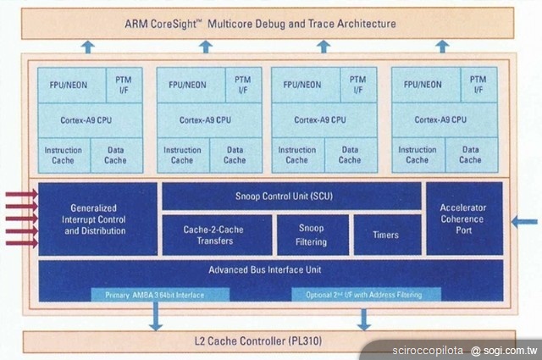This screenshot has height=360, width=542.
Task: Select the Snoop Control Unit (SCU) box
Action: (290, 196)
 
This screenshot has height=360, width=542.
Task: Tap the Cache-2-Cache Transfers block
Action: (217, 235)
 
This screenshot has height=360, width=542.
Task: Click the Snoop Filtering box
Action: (312, 235)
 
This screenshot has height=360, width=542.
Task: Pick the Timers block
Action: (385, 235)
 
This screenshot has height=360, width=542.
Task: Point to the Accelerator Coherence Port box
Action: (462, 218)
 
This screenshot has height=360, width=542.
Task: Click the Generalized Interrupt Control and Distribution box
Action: (97, 219)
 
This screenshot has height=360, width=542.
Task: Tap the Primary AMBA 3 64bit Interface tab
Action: (160, 295)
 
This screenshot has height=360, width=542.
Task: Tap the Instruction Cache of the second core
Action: (182, 155)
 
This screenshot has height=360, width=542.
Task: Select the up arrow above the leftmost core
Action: (87, 47)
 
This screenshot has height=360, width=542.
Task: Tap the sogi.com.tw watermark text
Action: (504, 350)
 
